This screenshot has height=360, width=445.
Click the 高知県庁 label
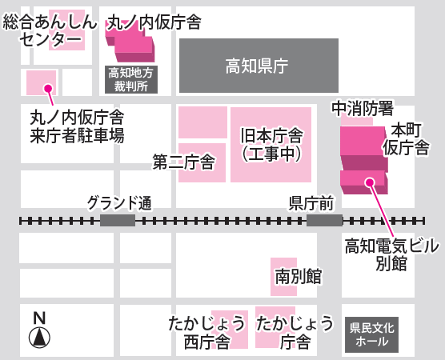pyautogui.click(x=257, y=66)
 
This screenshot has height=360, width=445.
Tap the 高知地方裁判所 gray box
pyautogui.click(x=131, y=79)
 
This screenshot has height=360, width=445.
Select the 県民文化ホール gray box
pyautogui.click(x=371, y=334)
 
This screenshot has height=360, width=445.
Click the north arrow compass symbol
pyautogui.click(x=39, y=338)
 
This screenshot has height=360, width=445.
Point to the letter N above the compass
pyautogui.click(x=39, y=318)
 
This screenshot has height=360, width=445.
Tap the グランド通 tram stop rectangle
pyautogui.click(x=118, y=221)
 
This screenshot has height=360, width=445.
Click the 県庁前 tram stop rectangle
pyautogui.click(x=324, y=221)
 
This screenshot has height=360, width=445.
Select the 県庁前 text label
pyautogui.click(x=311, y=203)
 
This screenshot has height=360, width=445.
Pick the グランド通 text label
pyautogui.click(x=119, y=203)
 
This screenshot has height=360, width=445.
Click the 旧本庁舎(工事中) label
pyautogui.click(x=271, y=145)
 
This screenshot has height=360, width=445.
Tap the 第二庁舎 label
pyautogui.click(x=184, y=162)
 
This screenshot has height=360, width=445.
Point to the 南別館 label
pyautogui.click(x=298, y=277)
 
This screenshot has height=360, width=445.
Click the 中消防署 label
pyautogui.click(x=363, y=108)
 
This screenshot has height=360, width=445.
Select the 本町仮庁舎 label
pyautogui.click(x=406, y=139)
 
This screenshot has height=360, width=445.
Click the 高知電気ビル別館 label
pyautogui.click(x=391, y=254)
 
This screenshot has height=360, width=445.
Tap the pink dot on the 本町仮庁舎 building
pyautogui.click(x=370, y=182)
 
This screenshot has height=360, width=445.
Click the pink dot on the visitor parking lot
pyautogui.click(x=49, y=89)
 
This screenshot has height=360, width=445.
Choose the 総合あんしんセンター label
pyautogui.click(x=50, y=31)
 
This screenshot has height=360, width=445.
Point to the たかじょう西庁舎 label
pyautogui.click(x=206, y=333)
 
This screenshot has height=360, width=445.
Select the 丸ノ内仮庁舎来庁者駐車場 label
pyautogui.click(x=77, y=126)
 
